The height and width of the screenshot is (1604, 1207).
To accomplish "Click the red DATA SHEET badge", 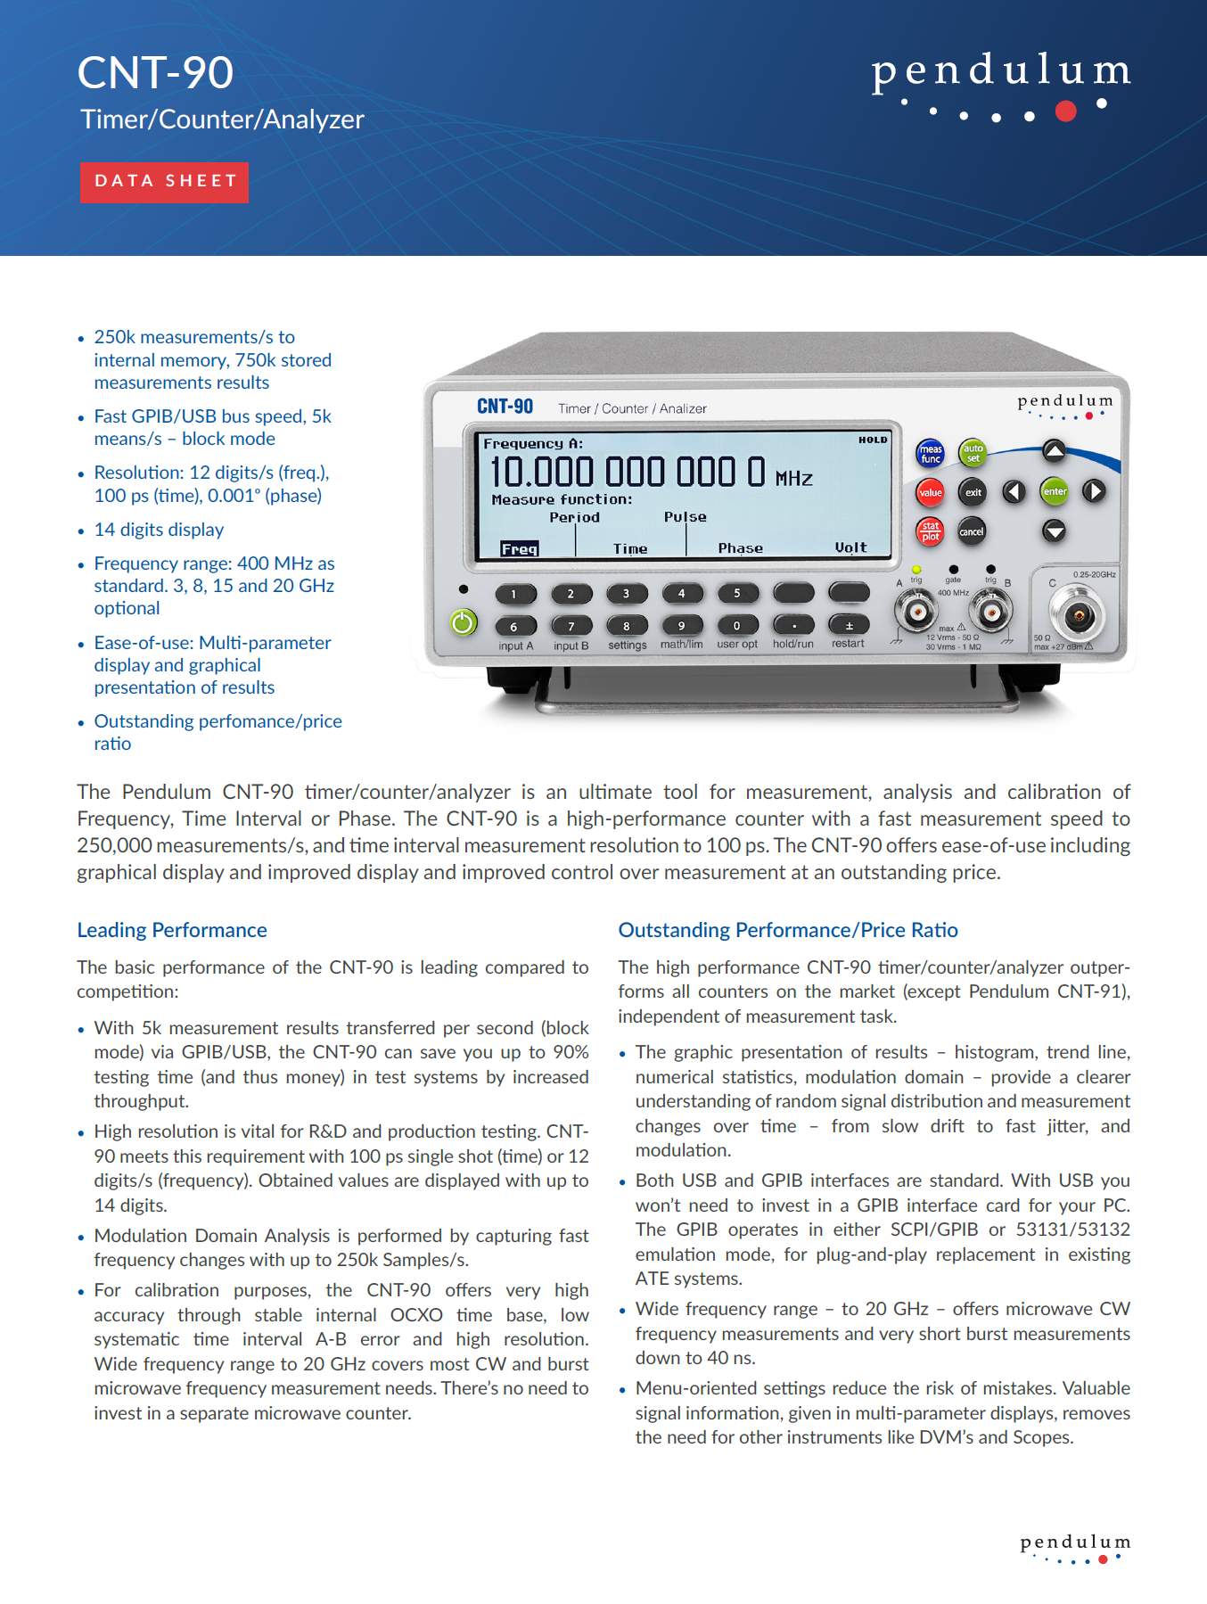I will click(165, 182).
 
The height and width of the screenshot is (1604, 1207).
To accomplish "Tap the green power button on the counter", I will click(463, 622).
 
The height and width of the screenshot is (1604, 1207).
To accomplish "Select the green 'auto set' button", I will click(973, 453).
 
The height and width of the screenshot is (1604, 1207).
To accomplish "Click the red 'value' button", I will click(930, 492).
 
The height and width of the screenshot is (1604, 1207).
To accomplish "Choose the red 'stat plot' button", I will click(930, 531).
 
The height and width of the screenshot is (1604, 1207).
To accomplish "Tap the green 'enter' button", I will click(1055, 491).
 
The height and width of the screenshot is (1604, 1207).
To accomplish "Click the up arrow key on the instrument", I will click(1055, 451).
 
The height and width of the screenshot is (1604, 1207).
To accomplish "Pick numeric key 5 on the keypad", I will click(737, 593).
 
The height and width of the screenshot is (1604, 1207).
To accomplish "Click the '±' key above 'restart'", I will click(849, 625).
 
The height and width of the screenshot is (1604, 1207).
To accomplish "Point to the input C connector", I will click(1078, 615).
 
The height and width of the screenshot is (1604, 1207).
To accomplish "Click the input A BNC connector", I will click(916, 612).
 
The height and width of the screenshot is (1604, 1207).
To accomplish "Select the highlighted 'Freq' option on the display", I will click(519, 549).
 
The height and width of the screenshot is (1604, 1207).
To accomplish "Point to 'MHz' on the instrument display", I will click(793, 479).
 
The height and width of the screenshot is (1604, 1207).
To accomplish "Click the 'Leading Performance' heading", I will click(172, 930).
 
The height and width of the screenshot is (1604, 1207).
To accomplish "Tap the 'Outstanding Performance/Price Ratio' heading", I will click(788, 930).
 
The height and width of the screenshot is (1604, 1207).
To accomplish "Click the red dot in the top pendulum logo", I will click(1065, 111).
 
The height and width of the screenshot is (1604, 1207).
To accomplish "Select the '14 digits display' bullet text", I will click(159, 530).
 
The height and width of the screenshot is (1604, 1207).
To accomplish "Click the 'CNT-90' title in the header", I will click(155, 72).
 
